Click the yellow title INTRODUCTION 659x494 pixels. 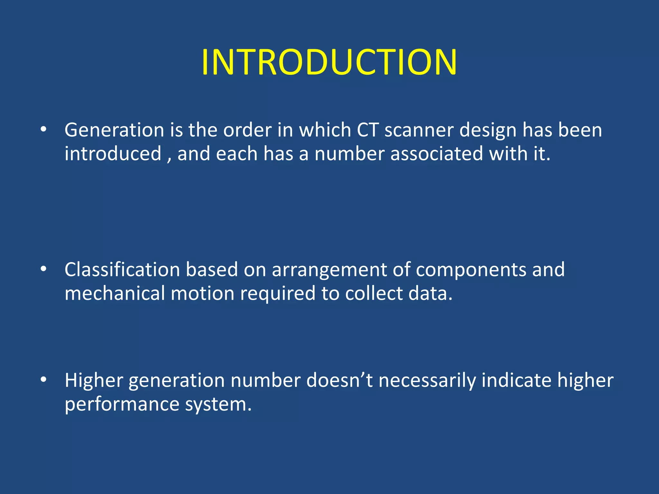pyautogui.click(x=329, y=62)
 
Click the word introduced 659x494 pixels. pyautogui.click(x=113, y=154)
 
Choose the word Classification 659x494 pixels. pyautogui.click(x=122, y=270)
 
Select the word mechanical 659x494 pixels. pyautogui.click(x=115, y=293)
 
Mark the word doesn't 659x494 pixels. pyautogui.click(x=339, y=380)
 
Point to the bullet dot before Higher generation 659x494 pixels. pyautogui.click(x=43, y=380)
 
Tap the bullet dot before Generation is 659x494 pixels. pyautogui.click(x=43, y=130)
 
